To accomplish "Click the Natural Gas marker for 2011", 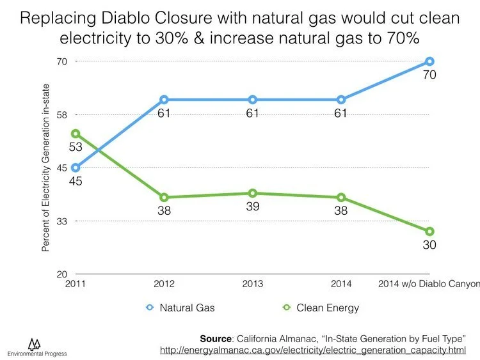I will click(76, 168).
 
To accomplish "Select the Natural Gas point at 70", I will click(430, 61).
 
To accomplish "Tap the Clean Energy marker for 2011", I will click(76, 134).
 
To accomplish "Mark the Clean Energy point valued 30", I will click(430, 231).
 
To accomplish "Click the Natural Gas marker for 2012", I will click(164, 100).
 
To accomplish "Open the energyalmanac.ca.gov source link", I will click(312, 350).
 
